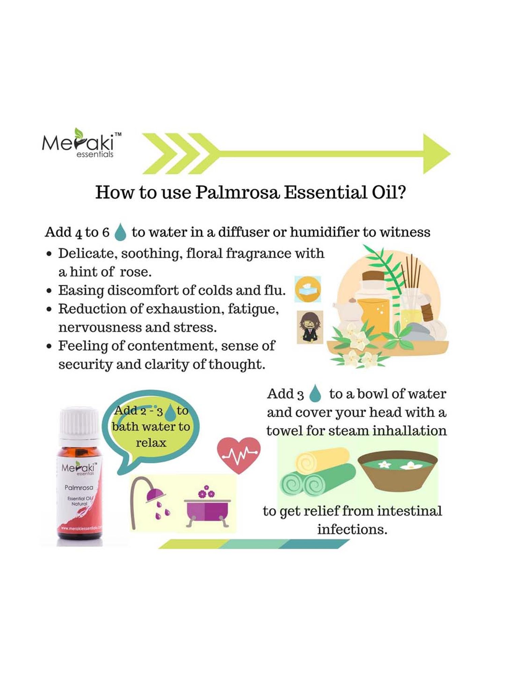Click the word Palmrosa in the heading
click(x=237, y=192)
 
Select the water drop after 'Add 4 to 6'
click(x=120, y=233)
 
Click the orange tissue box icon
click(x=308, y=289)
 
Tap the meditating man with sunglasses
click(x=310, y=327)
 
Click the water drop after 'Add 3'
click(x=315, y=394)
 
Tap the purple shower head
click(x=155, y=495)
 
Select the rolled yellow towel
click(x=322, y=461)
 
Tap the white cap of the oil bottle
click(x=79, y=423)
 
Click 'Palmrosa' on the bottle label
click(x=79, y=488)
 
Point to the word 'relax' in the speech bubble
click(x=151, y=443)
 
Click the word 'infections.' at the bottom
click(x=352, y=530)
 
